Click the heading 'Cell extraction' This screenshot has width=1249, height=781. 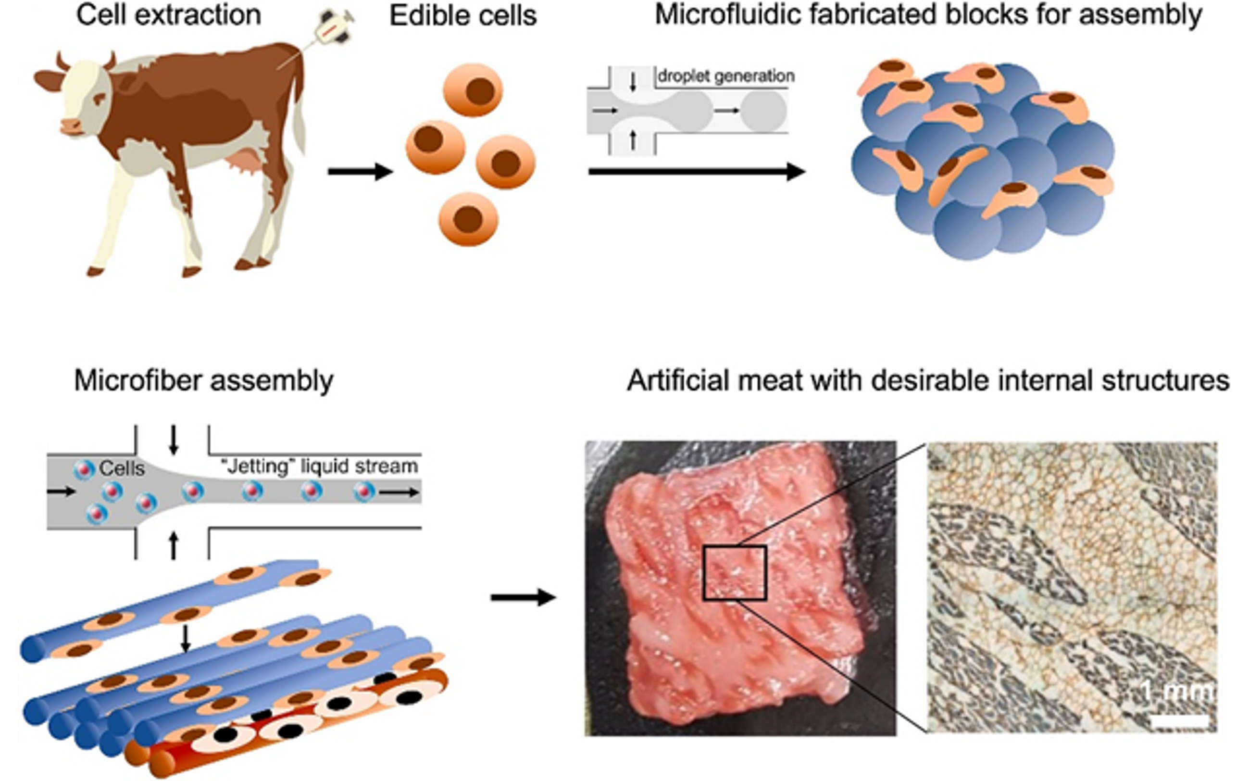point(168,15)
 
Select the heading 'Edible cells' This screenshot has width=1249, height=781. point(462,16)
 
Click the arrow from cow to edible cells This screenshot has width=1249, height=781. point(360,172)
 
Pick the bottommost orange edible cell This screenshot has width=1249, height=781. point(468,219)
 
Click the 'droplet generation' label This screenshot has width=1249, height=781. point(725,76)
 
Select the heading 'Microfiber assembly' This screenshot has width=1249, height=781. point(203,381)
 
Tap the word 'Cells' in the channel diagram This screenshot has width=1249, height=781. point(121,468)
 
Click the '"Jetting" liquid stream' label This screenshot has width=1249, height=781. point(319,466)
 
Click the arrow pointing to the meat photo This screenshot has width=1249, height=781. point(523,598)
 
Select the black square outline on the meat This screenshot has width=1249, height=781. point(735,573)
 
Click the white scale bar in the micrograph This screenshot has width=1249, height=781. point(1179,721)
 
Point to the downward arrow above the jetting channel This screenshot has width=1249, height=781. point(174,440)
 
